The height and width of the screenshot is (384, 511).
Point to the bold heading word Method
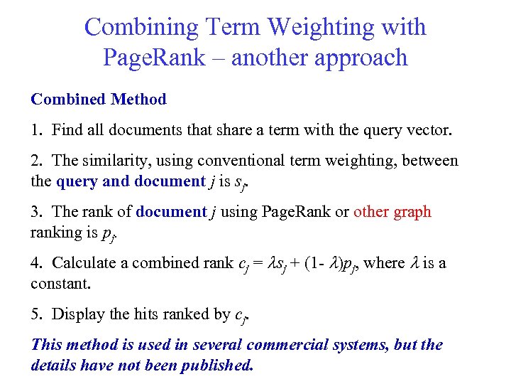(x=138, y=100)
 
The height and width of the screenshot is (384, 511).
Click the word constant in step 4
(x=59, y=283)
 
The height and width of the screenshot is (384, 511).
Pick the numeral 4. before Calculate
(x=36, y=263)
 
